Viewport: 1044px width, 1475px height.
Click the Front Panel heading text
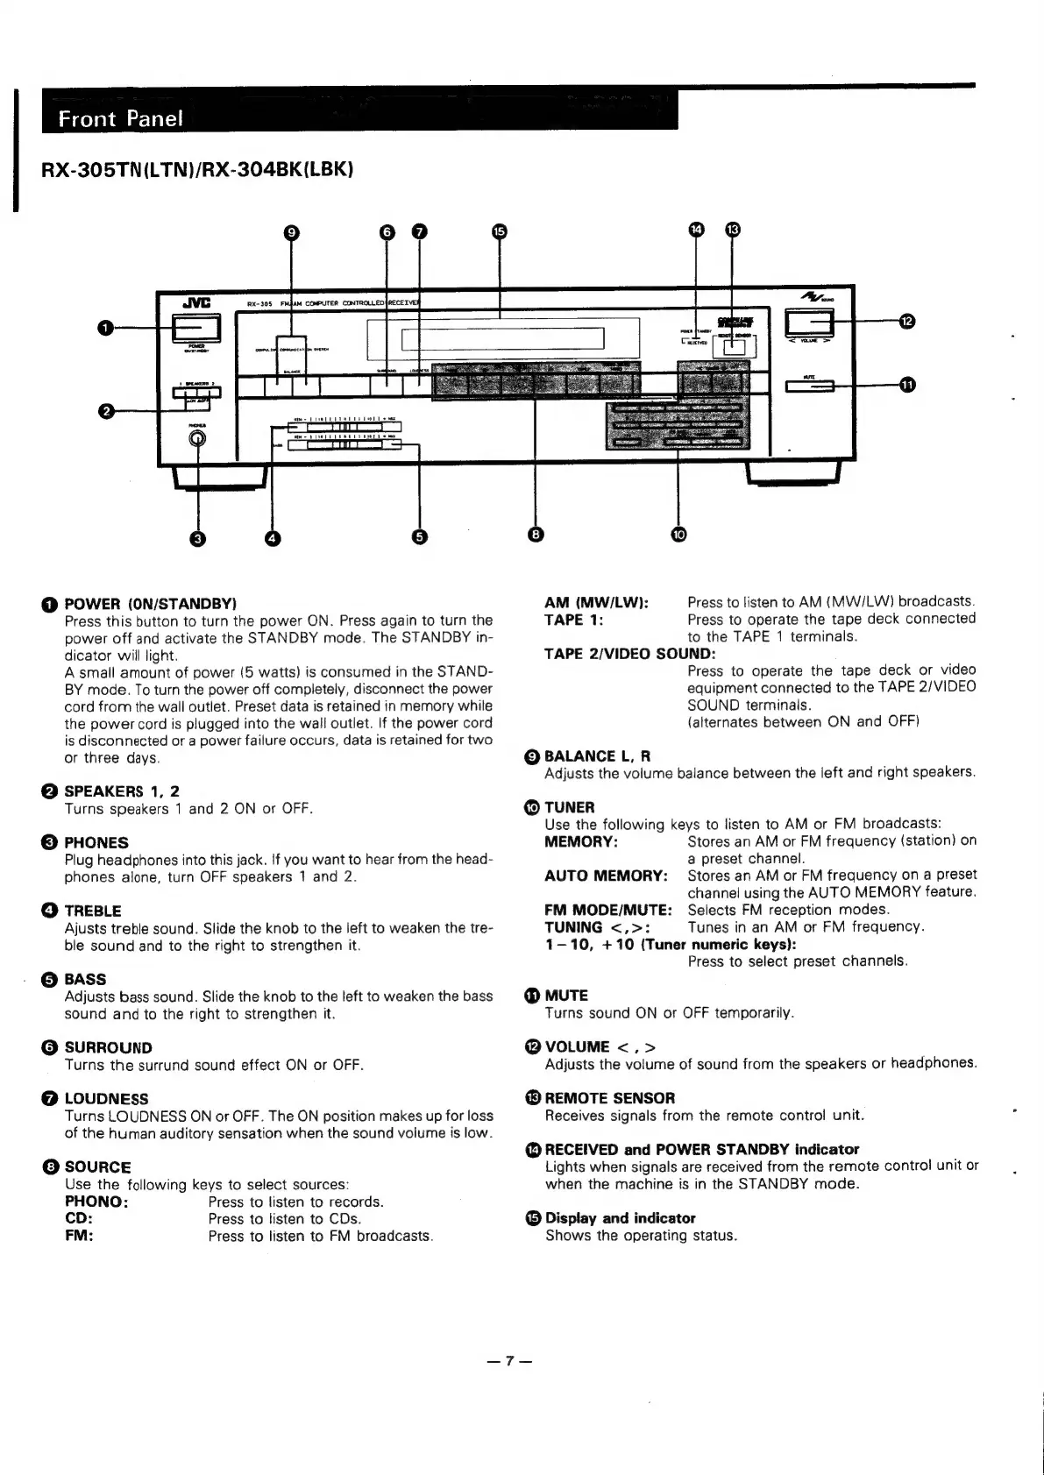[x=121, y=118]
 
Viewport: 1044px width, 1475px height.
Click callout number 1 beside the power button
[x=104, y=328]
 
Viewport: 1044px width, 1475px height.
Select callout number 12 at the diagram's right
[x=907, y=322]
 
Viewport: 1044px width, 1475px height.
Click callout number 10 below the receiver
[x=679, y=534]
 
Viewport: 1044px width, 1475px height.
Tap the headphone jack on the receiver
[x=197, y=438]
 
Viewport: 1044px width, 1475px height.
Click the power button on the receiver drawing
[x=196, y=328]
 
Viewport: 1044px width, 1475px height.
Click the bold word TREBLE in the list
[x=93, y=911]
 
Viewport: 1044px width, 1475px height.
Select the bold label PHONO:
[x=96, y=1202]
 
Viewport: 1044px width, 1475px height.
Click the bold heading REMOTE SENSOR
[x=610, y=1098]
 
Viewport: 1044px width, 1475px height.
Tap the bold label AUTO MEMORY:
[x=606, y=876]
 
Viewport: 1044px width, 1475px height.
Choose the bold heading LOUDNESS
[x=106, y=1099]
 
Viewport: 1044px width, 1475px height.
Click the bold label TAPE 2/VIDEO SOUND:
[x=629, y=654]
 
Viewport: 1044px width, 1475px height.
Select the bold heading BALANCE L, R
[x=598, y=756]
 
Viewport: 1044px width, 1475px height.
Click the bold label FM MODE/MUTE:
[x=608, y=910]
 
